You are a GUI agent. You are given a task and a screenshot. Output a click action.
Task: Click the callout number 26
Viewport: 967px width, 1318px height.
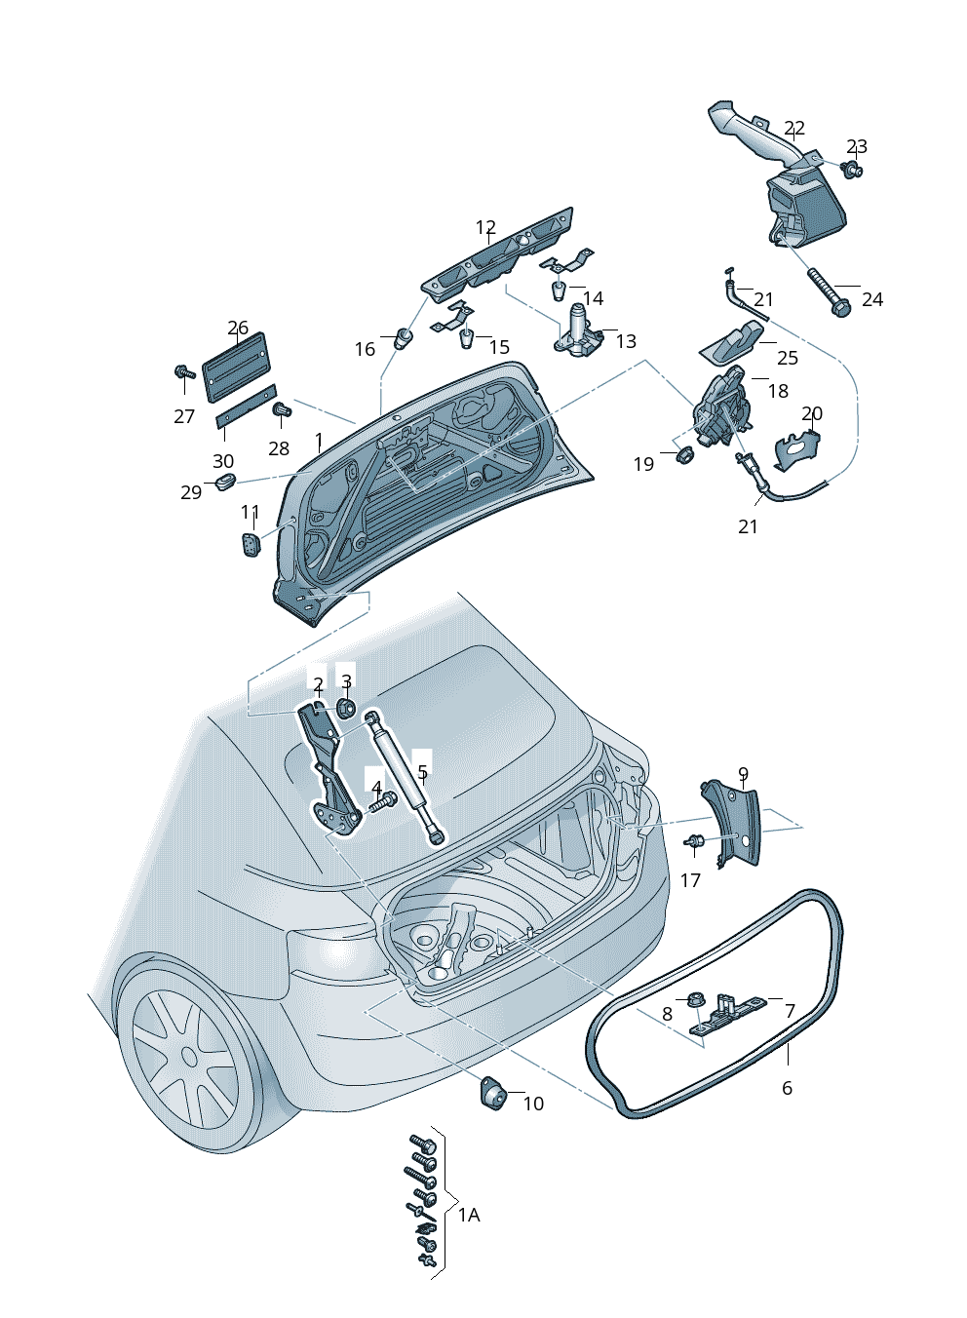238,329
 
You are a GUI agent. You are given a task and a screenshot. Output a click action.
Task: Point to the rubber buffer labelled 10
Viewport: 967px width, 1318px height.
493,1094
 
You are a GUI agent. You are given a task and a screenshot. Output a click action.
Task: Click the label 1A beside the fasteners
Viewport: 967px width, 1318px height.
469,1216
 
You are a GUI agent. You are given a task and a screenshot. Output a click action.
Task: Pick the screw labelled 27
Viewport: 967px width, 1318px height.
182,372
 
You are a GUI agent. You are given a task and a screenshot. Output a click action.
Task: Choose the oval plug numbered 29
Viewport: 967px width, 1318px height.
226,481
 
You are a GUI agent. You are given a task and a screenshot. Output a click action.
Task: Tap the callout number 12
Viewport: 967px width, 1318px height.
485,227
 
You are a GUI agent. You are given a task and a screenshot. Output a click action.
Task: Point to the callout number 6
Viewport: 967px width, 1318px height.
788,1088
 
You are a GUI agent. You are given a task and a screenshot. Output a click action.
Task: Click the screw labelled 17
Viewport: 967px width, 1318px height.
695,841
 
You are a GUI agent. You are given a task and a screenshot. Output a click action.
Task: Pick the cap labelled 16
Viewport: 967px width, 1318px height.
403,339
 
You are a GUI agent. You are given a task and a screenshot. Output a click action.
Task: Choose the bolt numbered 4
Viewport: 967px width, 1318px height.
382,802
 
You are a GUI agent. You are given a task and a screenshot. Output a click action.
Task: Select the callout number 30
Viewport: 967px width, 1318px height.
223,461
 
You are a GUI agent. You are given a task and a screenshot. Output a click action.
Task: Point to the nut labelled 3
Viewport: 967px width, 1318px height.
345,707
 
